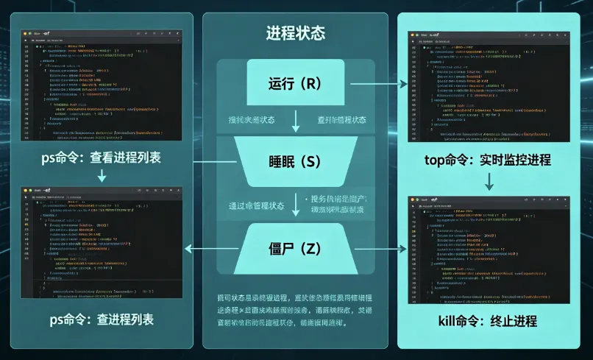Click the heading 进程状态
coord(295,33)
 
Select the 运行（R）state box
coord(296,84)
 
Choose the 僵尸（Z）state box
coord(296,249)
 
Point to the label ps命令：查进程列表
coord(101,320)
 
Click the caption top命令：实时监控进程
coord(489,160)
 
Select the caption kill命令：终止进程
coord(489,321)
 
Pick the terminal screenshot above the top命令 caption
coord(488,86)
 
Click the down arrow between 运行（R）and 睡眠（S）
coord(296,119)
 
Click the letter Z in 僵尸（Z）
coord(311,249)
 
